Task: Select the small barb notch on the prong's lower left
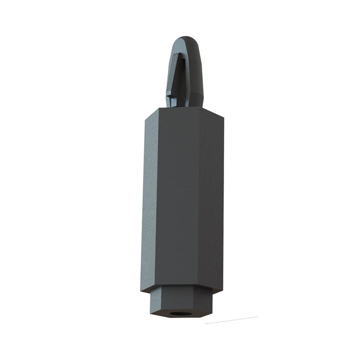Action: pyautogui.click(x=169, y=95)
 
